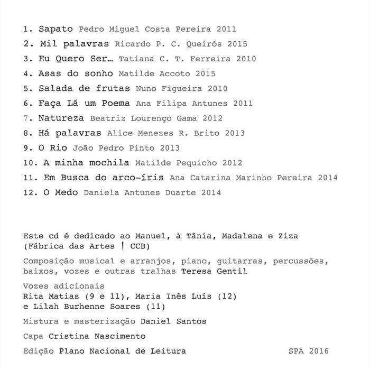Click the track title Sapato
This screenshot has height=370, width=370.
pos(55,29)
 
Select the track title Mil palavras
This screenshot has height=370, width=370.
pos(75,44)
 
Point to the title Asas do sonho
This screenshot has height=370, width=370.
pos(76,73)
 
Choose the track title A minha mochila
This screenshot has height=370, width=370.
pos(87,163)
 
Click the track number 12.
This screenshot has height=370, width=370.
pos(30,192)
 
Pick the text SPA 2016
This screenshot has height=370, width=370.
pos(309,350)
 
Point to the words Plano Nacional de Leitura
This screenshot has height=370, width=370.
pos(122,350)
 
